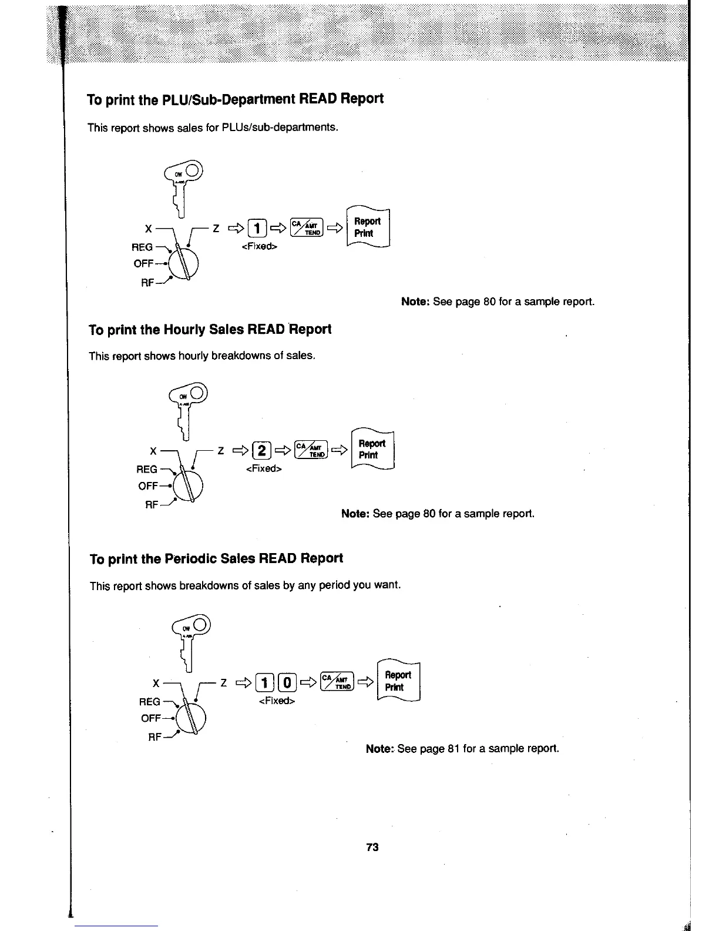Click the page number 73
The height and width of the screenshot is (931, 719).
point(371,847)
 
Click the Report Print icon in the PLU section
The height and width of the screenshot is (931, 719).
point(368,227)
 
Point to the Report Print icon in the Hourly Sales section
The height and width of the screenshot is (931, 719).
point(372,450)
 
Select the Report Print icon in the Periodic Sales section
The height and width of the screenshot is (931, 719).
point(398,681)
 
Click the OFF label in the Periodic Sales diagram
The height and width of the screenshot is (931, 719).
point(151,718)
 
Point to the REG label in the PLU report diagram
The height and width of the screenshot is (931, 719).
point(143,247)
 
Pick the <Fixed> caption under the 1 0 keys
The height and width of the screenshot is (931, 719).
point(276,701)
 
